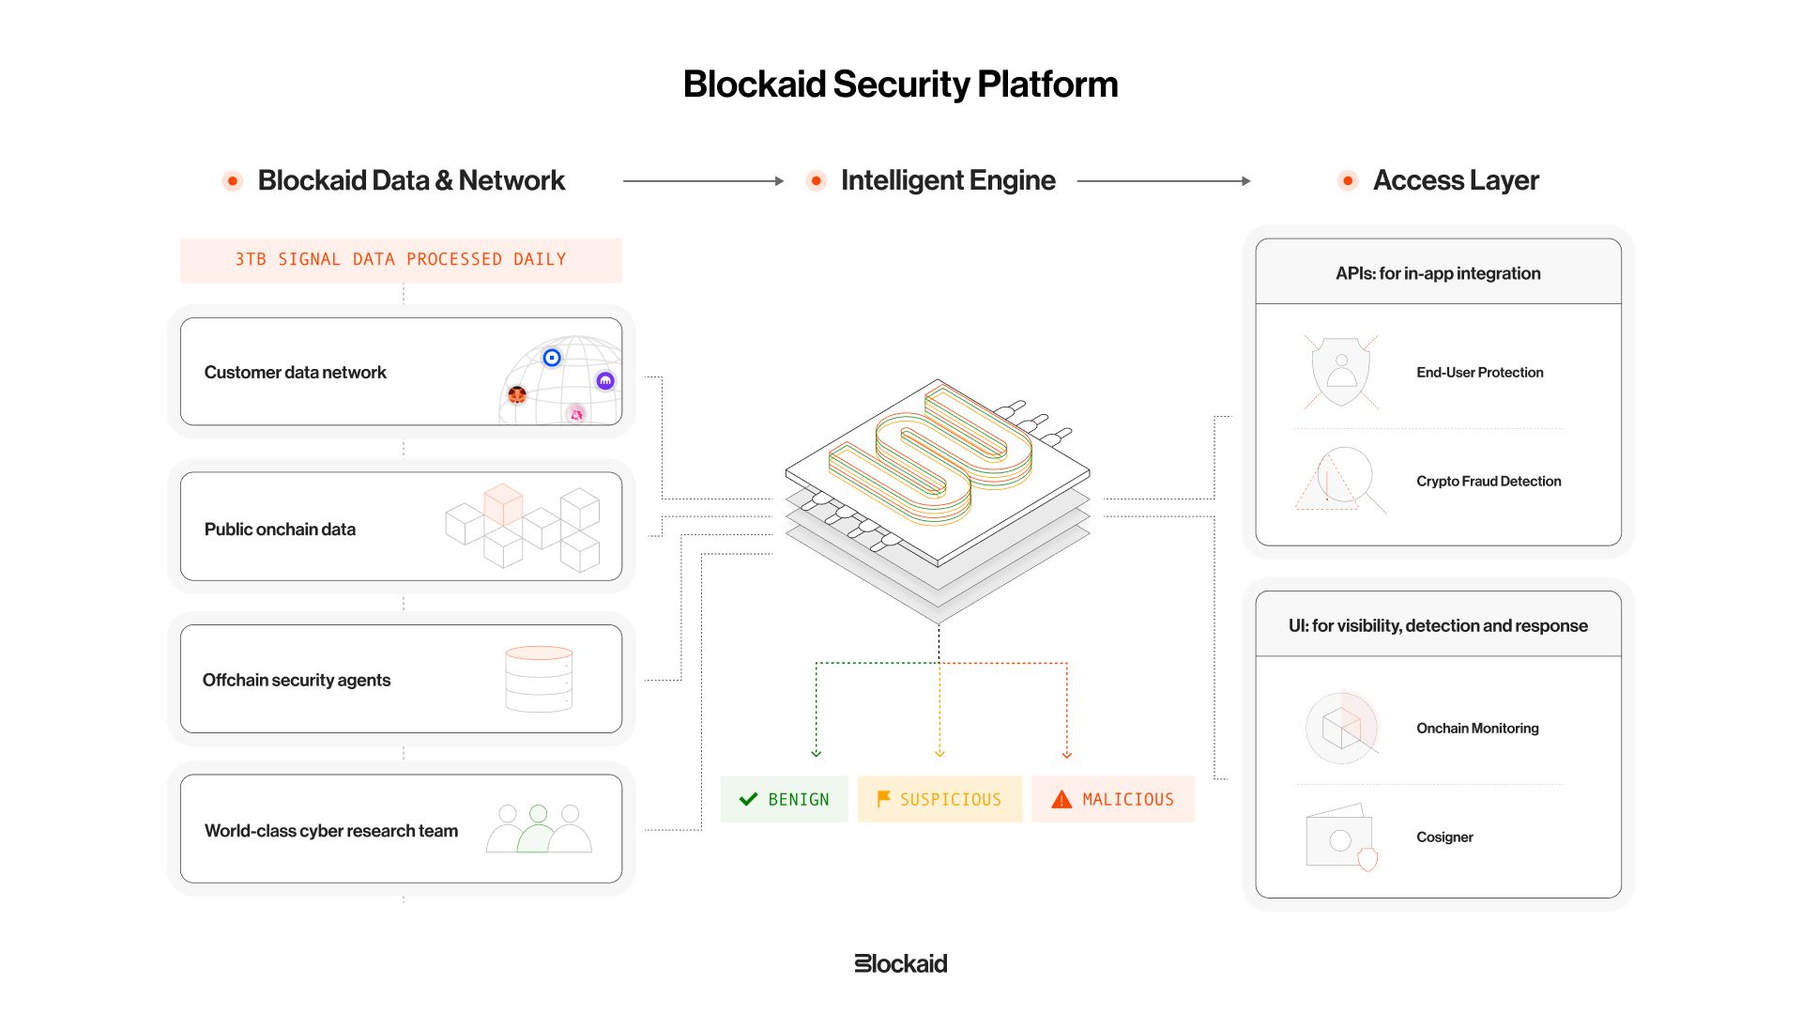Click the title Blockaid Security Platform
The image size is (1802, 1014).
(x=900, y=84)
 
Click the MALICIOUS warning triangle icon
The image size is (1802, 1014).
(x=1061, y=799)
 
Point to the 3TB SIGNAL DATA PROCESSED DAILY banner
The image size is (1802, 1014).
(x=401, y=260)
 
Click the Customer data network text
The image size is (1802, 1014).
(x=296, y=373)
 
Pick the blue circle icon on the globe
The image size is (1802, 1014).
(x=552, y=358)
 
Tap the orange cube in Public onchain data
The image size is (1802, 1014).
(x=503, y=504)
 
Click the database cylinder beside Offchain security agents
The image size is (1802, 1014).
(x=539, y=679)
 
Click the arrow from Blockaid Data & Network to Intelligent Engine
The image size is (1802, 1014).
(x=703, y=181)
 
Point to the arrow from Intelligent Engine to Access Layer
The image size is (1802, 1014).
(x=1164, y=181)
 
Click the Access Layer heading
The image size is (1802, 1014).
(x=1456, y=180)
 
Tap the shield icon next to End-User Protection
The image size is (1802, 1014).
(x=1341, y=372)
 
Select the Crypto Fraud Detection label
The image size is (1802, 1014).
(x=1489, y=482)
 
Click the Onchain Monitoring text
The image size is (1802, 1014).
(x=1477, y=729)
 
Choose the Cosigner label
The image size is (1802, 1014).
(x=1444, y=837)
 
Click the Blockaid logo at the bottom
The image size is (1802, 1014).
(x=901, y=963)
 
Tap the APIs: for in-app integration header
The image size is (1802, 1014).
(x=1438, y=273)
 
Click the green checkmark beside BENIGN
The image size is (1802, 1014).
(x=748, y=799)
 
